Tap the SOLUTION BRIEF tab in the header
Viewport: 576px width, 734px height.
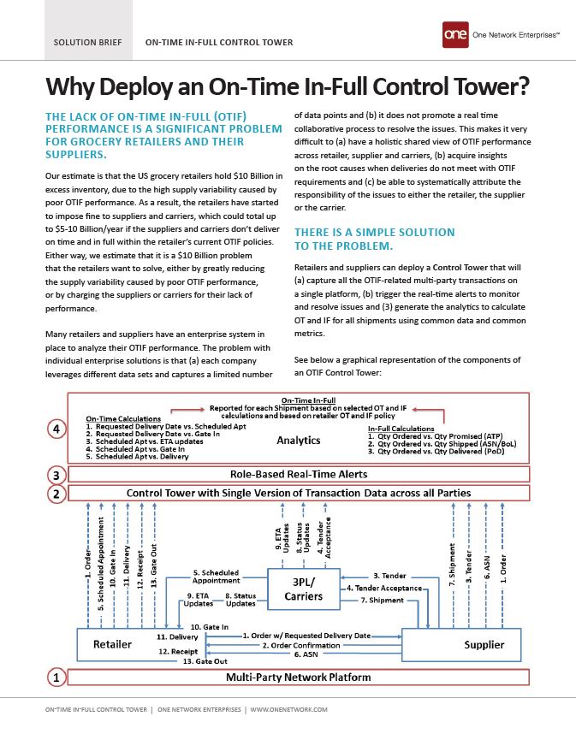87,42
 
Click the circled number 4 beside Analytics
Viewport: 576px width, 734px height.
56,430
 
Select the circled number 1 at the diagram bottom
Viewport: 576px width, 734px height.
56,678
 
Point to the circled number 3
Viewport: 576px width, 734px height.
56,474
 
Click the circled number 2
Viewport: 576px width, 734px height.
56,493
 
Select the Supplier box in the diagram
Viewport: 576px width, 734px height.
484,643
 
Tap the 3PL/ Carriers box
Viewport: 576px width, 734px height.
302,589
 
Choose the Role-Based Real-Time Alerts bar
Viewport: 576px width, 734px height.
298,474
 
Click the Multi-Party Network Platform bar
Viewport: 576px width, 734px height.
298,678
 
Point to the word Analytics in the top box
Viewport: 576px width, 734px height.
298,441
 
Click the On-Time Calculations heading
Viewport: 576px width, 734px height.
129,418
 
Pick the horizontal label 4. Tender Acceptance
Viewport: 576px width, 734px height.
384,589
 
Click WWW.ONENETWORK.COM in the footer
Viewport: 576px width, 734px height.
288,710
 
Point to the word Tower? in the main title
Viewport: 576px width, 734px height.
484,87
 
